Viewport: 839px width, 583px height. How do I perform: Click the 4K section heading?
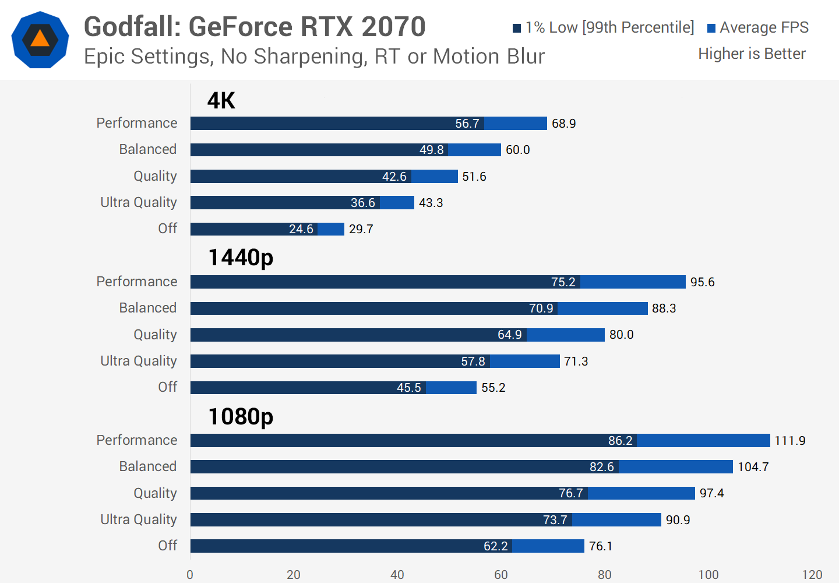coord(221,101)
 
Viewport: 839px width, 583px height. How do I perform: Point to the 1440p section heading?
coord(241,257)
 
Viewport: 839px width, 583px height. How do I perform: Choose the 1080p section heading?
coord(241,416)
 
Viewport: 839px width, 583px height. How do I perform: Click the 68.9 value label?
coord(563,124)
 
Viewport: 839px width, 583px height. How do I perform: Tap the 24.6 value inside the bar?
coord(301,229)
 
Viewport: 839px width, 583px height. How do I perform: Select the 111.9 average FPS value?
coord(789,441)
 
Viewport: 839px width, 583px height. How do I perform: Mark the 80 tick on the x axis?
coord(605,574)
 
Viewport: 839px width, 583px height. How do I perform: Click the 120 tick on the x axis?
coord(812,574)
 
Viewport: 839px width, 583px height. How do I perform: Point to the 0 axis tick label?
coord(190,574)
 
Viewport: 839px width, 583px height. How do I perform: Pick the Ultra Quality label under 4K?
coord(139,202)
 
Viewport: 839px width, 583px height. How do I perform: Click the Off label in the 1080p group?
coord(168,546)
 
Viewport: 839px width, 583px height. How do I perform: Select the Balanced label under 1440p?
coord(148,308)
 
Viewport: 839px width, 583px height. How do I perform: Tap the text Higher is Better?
coord(752,54)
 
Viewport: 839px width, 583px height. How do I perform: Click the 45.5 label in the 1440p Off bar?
coord(409,388)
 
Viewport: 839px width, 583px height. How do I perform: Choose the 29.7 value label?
coord(361,229)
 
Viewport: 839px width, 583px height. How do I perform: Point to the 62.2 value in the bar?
coord(496,546)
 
